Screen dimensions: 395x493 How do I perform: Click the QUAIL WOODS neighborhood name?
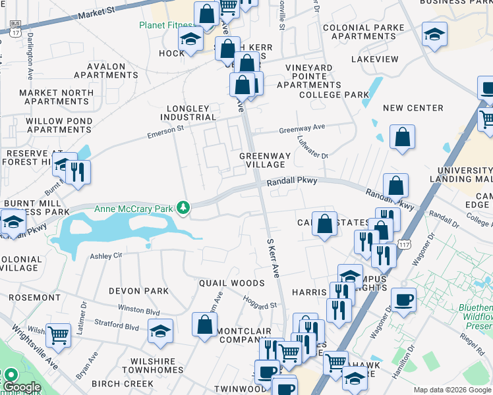tap(232, 283)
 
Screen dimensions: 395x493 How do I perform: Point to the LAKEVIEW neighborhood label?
tap(375, 59)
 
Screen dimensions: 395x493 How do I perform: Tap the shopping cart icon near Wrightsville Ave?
tap(59, 334)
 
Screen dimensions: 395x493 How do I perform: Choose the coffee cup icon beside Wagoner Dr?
tap(403, 299)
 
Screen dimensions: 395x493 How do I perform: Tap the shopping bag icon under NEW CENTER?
tap(402, 138)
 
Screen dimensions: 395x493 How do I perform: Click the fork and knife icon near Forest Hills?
tap(78, 172)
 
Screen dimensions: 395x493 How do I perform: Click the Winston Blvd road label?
tap(138, 309)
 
